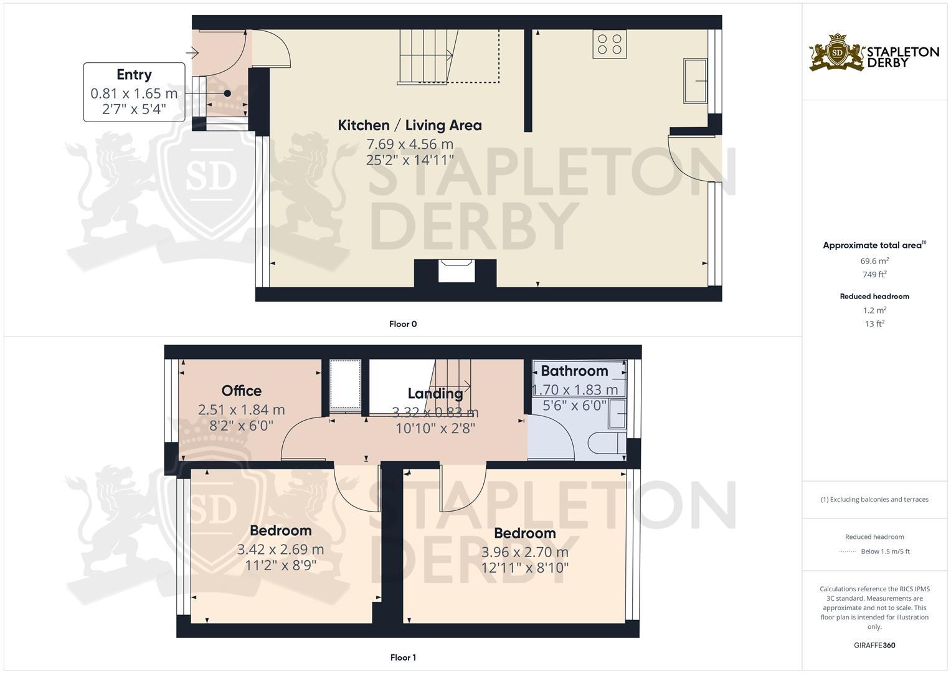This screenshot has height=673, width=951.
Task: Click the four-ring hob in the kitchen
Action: click(x=609, y=44)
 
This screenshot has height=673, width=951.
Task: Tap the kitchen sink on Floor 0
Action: click(x=695, y=80)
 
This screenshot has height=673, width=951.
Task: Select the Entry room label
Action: click(x=134, y=75)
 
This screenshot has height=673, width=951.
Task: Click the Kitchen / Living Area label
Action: click(x=409, y=125)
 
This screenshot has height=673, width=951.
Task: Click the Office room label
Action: click(x=242, y=391)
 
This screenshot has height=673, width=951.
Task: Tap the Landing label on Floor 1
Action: click(x=435, y=393)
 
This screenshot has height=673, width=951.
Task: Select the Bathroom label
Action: click(x=574, y=371)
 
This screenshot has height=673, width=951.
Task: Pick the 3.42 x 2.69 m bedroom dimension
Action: click(x=280, y=550)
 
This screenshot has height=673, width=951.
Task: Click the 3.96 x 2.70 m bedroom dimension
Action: click(x=524, y=552)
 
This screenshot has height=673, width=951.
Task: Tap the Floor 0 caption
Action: click(x=403, y=324)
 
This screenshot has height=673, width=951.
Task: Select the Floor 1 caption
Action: click(x=403, y=657)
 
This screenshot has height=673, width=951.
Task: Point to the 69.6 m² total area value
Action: click(x=874, y=261)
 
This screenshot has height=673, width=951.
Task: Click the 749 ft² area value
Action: click(x=874, y=274)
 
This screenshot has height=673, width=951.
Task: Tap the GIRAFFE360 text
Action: click(x=874, y=645)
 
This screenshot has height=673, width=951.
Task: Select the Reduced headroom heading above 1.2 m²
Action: click(x=874, y=297)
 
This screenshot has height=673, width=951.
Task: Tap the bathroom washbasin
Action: click(x=618, y=412)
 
